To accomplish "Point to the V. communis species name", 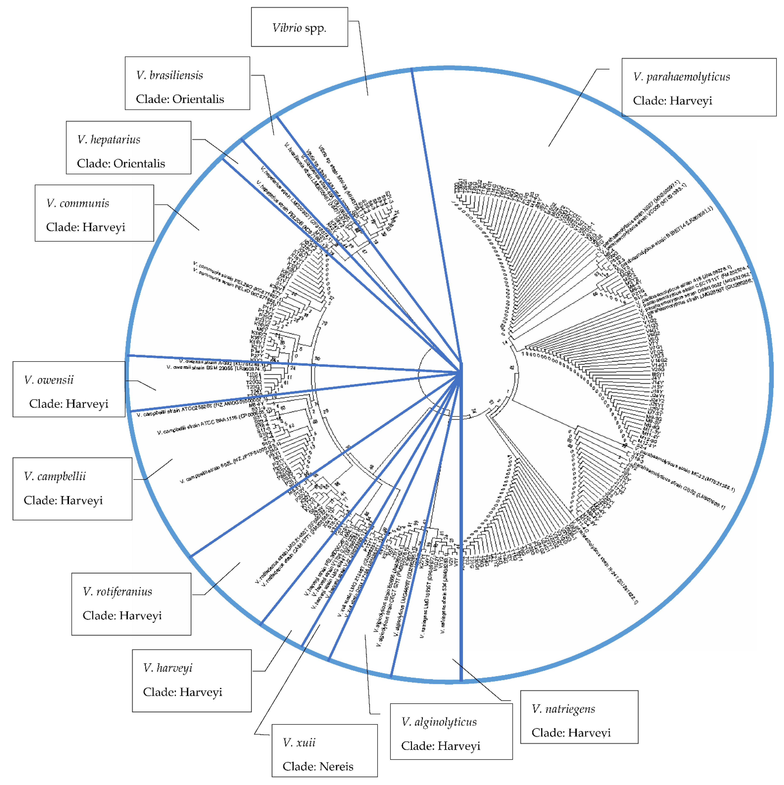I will (78, 203).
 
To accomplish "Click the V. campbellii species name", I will (55, 476).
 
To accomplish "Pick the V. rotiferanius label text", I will (117, 592).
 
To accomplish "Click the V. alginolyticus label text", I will (439, 722).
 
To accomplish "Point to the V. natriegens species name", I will (563, 709).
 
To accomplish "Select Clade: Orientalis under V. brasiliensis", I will (180, 99).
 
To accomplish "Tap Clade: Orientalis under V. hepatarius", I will (121, 163).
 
